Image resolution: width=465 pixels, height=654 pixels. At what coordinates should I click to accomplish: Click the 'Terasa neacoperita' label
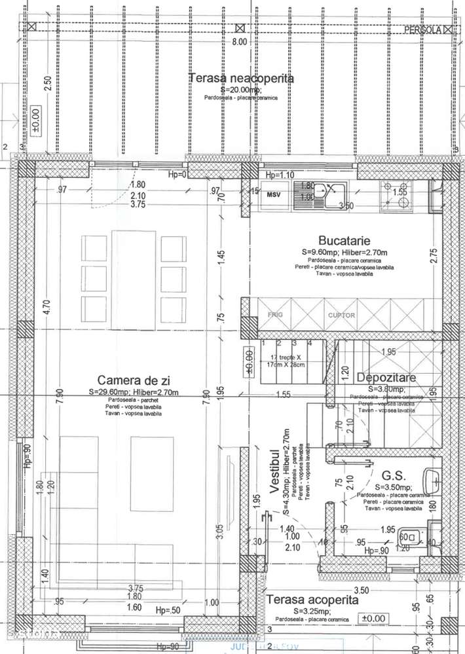click(241, 79)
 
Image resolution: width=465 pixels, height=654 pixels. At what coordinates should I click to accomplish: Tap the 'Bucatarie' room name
click(341, 240)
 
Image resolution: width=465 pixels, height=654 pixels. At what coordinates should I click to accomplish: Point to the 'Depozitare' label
click(387, 378)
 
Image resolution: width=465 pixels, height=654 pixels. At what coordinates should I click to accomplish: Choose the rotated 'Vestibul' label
click(275, 471)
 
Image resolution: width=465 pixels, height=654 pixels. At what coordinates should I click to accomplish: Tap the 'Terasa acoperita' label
click(312, 600)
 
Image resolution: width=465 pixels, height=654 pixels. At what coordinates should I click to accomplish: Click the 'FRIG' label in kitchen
click(274, 316)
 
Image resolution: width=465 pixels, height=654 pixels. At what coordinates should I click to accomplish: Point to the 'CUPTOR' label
click(341, 316)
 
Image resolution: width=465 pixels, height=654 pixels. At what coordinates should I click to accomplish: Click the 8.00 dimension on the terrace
click(240, 41)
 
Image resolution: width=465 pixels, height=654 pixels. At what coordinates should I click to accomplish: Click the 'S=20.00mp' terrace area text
click(240, 89)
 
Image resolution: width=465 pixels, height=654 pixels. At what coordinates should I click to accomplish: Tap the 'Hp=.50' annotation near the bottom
click(168, 610)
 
